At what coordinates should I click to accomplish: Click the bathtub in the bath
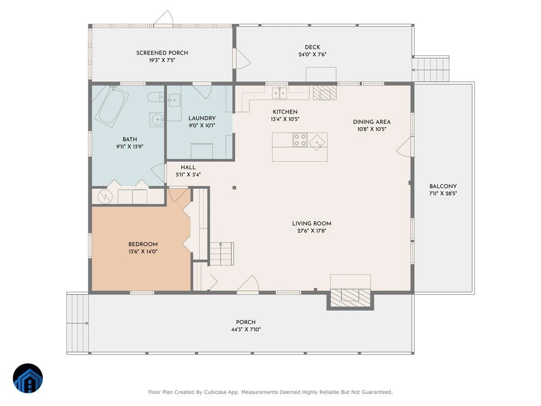112,106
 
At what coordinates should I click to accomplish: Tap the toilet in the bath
156,97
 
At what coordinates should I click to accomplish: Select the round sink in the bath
157,120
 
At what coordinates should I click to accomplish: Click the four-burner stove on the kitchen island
300,140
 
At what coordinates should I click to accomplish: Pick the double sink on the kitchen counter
279,92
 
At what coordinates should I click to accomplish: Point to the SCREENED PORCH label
162,53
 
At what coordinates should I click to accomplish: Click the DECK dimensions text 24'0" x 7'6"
312,55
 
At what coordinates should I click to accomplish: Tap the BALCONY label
443,186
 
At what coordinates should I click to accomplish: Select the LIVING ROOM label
312,224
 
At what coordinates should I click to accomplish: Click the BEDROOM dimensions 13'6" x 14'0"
143,251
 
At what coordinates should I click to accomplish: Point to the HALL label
188,167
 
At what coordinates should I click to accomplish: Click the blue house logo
28,378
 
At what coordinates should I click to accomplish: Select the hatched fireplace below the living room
350,298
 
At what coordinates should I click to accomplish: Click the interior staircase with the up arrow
221,254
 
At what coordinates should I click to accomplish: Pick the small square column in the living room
234,188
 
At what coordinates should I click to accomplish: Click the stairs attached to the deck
431,69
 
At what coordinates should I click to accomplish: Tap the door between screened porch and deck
242,58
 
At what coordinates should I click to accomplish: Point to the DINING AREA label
371,122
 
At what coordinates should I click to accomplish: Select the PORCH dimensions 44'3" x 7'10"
246,329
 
